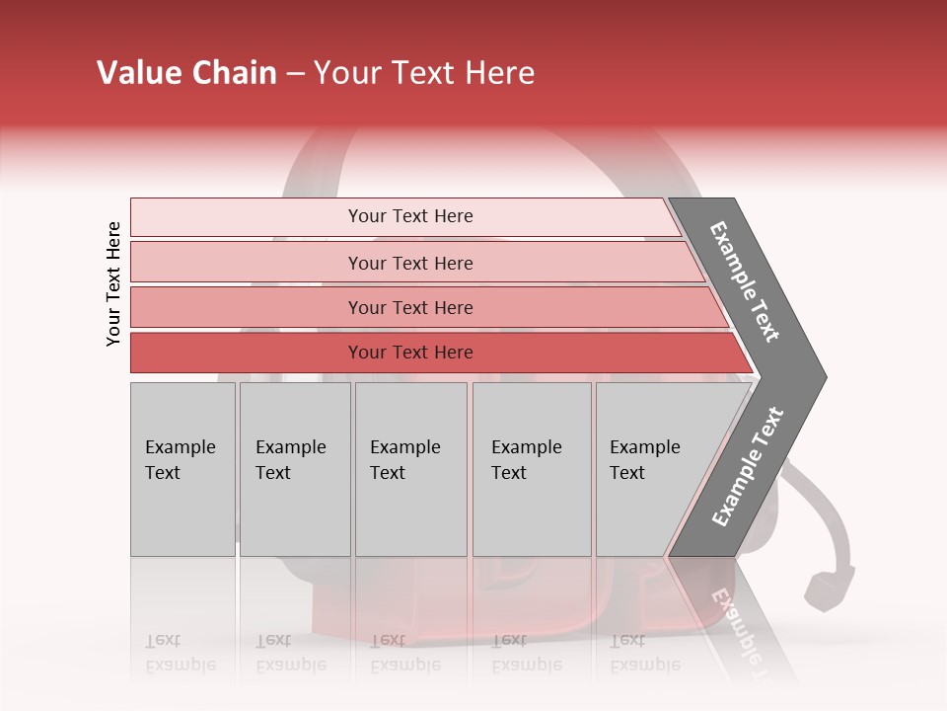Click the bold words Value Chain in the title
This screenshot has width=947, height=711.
186,73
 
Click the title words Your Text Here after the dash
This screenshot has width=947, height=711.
424,73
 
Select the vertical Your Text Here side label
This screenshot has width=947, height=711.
113,283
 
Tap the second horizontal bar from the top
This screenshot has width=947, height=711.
409,263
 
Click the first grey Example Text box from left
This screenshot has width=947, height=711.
182,469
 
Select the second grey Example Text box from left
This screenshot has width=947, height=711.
295,469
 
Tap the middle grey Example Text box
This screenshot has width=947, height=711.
410,469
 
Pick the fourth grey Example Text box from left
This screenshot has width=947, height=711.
532,469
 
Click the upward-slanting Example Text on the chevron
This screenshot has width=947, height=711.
748,467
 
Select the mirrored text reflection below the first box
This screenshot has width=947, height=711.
180,653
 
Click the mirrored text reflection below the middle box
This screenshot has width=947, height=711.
404,653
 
